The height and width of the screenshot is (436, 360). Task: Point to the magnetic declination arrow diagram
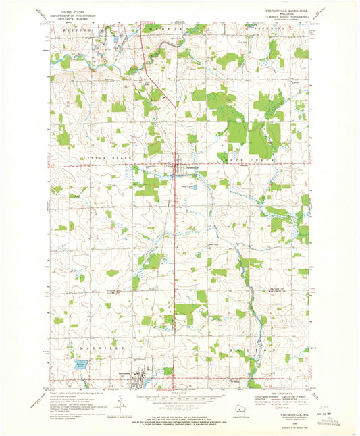[x=120, y=405]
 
